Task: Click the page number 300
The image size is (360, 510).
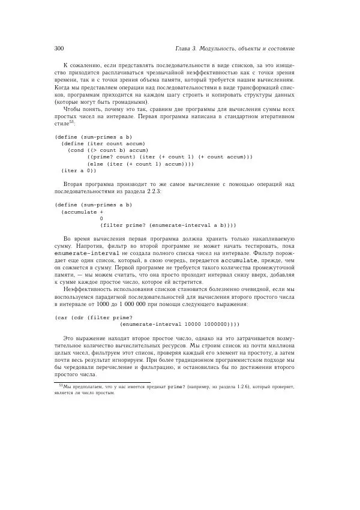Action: point(59,48)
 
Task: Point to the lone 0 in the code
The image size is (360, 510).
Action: point(101,218)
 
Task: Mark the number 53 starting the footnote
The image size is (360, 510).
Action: point(61,386)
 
